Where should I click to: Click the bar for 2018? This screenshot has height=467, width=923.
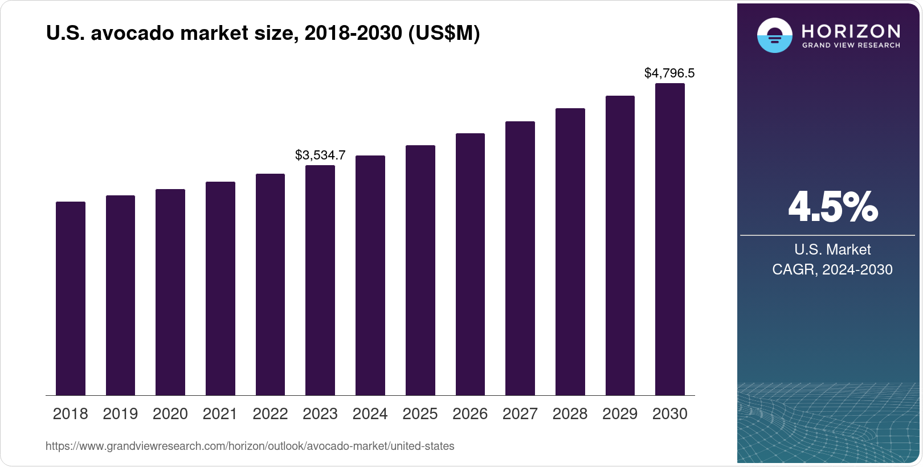[71, 298]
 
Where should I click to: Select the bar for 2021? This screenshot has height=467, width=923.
[220, 289]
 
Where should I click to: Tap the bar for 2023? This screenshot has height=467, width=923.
[320, 280]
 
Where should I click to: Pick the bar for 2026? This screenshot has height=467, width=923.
[470, 264]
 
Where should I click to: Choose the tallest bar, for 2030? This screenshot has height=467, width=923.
[670, 239]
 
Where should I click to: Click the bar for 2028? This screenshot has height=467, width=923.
[570, 252]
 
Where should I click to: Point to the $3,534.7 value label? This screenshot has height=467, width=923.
[320, 155]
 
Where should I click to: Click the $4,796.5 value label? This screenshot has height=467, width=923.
[669, 73]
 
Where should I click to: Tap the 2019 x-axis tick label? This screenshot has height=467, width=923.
[120, 414]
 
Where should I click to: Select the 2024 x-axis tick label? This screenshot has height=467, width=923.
[370, 414]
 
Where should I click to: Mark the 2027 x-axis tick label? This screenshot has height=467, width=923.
[520, 414]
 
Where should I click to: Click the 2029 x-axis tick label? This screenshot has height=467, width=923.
[620, 414]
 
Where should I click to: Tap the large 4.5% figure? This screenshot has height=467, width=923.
[833, 207]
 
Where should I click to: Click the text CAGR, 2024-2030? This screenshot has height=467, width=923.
[832, 269]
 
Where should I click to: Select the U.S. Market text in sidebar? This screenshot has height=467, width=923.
[832, 249]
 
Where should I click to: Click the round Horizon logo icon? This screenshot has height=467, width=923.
[774, 35]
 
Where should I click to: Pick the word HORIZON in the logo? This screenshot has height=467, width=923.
[851, 31]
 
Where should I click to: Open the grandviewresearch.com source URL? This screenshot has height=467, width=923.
[250, 446]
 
